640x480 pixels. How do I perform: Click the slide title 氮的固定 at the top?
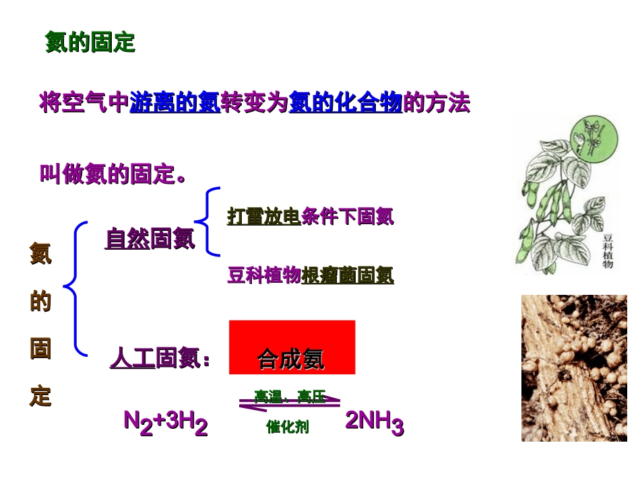pyautogui.click(x=90, y=42)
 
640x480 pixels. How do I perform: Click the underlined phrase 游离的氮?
pyautogui.click(x=174, y=103)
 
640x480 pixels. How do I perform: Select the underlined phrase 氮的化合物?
pyautogui.click(x=346, y=103)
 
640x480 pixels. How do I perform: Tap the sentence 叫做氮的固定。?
pyautogui.click(x=113, y=174)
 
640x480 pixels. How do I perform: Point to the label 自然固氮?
pyautogui.click(x=150, y=239)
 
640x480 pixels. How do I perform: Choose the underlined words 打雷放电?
pyautogui.click(x=263, y=216)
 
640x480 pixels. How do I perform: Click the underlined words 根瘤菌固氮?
pyautogui.click(x=348, y=275)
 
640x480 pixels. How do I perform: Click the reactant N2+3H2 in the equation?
pyautogui.click(x=166, y=423)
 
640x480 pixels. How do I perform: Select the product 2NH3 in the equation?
pyautogui.click(x=375, y=423)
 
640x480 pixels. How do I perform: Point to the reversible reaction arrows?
pyautogui.click(x=290, y=405)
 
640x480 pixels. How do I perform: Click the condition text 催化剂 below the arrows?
pyautogui.click(x=288, y=427)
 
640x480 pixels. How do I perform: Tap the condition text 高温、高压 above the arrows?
pyautogui.click(x=290, y=397)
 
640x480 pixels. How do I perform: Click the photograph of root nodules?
pyautogui.click(x=574, y=368)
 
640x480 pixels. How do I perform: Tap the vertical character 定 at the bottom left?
pyautogui.click(x=40, y=396)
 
